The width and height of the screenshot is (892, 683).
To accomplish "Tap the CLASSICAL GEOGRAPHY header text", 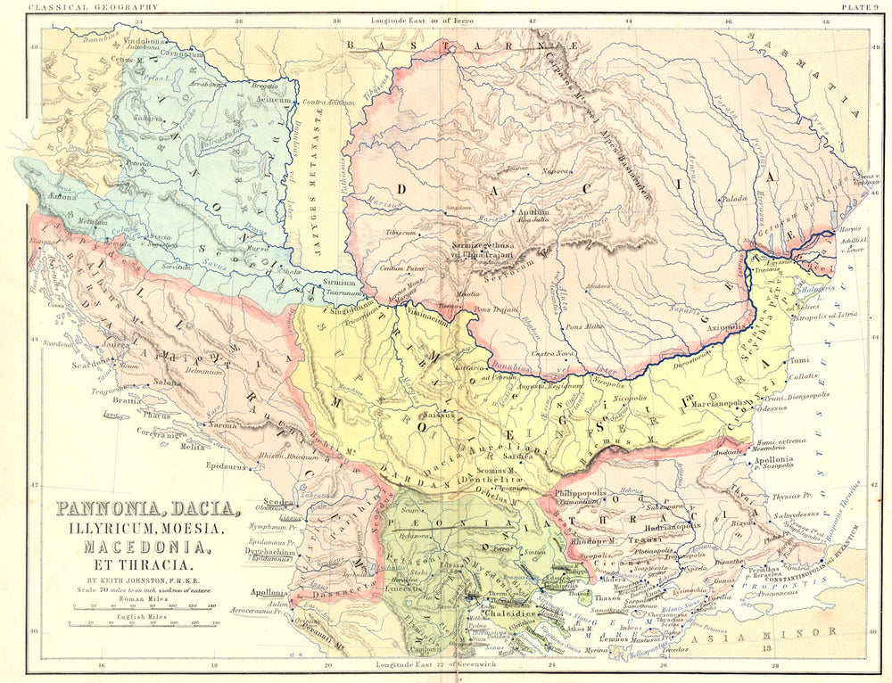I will pyautogui.click(x=81, y=7).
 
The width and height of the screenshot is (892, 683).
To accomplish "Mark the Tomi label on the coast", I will pyautogui.click(x=798, y=361).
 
